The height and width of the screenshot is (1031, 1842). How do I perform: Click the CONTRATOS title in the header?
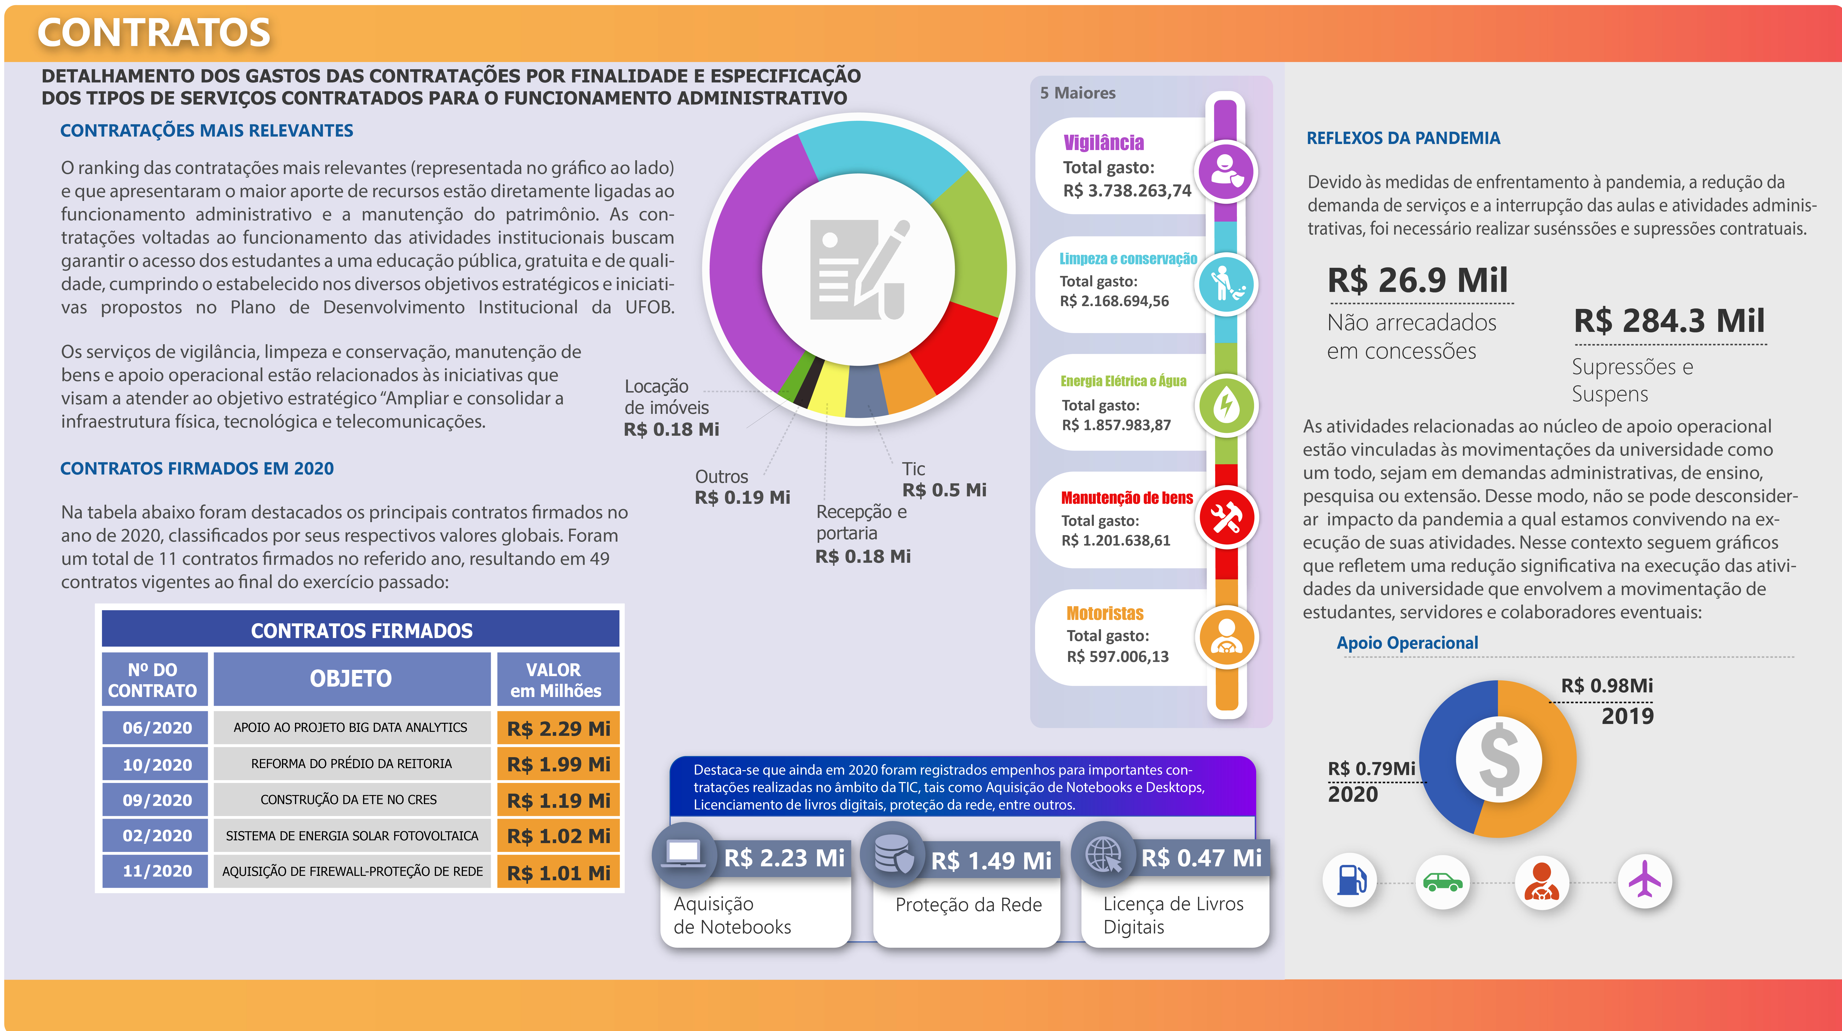click(154, 33)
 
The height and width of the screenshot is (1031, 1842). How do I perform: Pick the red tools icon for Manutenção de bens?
click(1226, 517)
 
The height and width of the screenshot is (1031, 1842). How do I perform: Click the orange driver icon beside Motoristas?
click(1226, 636)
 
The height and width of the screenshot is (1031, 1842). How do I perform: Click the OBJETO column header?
click(351, 678)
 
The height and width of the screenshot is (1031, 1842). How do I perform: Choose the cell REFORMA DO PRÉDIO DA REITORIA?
click(351, 764)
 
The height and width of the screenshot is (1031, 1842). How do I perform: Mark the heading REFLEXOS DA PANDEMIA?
click(1403, 138)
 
